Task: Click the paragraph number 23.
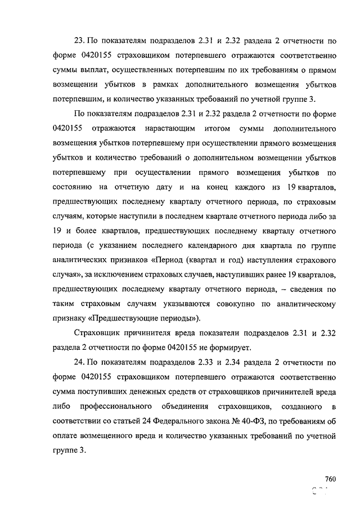[78, 41]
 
